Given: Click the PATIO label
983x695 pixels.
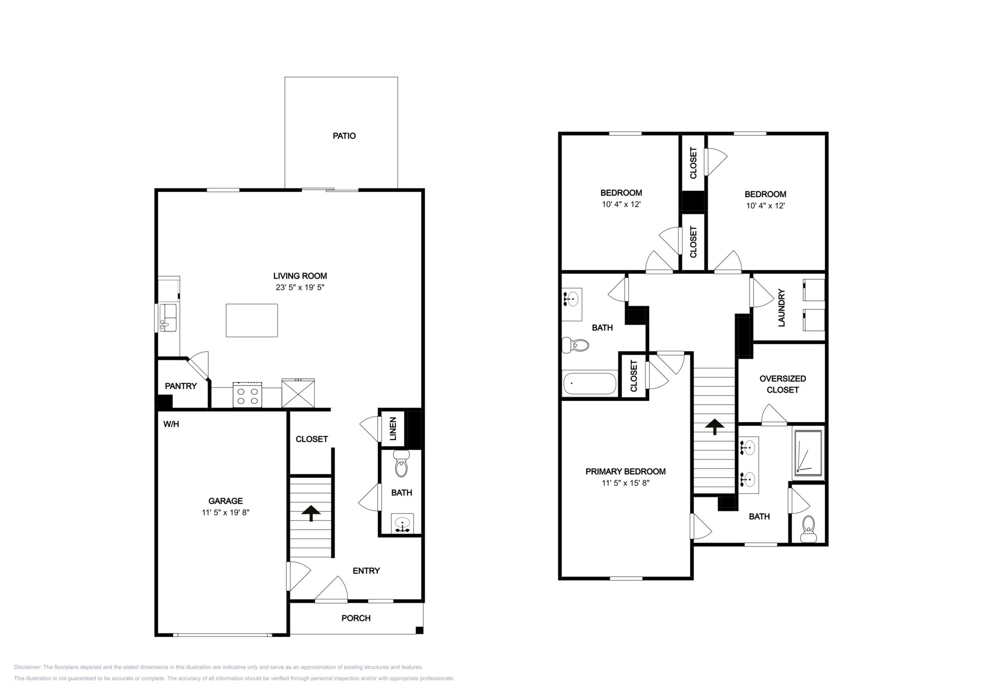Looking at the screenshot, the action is pos(344,136).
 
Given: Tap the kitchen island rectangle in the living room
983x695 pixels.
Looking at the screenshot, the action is pos(252,320).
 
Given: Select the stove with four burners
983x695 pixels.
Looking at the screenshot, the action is pos(248,395).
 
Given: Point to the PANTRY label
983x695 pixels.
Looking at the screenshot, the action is pos(181,386).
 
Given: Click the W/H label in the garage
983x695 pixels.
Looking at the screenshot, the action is pos(171,424).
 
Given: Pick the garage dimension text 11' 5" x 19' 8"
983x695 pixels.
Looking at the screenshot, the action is pos(225,512).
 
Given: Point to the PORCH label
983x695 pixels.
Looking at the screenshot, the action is pos(356,618).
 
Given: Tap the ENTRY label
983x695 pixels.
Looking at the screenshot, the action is pos(366,571).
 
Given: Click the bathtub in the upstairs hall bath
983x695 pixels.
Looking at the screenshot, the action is pos(590,384).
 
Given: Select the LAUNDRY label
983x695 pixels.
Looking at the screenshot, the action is pos(781,308).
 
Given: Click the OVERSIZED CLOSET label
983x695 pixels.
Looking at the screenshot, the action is pos(783,384).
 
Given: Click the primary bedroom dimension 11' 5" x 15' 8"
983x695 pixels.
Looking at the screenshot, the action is pos(626,483).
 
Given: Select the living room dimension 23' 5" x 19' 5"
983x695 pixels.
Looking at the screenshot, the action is pos(300,288).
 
